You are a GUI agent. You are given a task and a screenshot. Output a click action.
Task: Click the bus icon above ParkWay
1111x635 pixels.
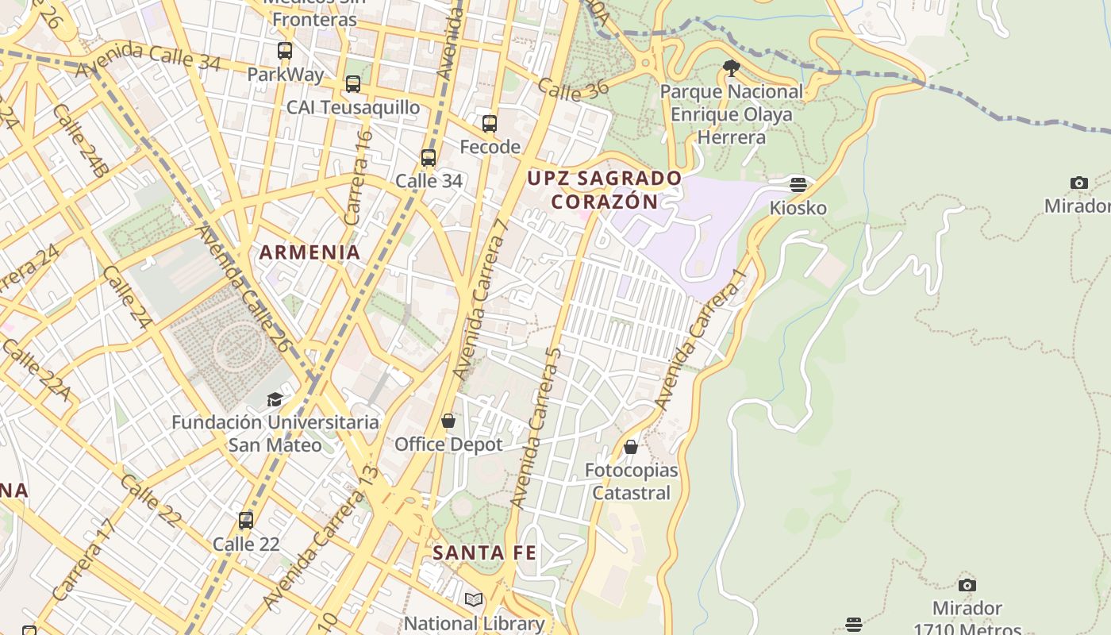point(284,51)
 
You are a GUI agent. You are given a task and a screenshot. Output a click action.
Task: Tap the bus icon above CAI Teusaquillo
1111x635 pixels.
point(353,83)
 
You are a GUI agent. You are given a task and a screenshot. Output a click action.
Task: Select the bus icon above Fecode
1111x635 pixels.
point(490,124)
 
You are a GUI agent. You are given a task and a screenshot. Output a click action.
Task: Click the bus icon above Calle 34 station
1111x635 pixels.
point(429,158)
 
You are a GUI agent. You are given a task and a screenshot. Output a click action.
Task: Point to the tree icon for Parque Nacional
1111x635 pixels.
point(731,68)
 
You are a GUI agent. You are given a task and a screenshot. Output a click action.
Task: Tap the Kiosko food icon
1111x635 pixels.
point(798,185)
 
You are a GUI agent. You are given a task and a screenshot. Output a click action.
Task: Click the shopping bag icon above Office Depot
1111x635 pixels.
point(448,421)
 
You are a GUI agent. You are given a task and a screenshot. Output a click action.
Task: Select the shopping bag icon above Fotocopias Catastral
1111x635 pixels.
point(631,447)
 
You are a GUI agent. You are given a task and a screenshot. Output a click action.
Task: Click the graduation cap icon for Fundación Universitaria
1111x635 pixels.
point(275,398)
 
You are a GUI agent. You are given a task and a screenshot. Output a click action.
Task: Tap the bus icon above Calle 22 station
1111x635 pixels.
point(246,521)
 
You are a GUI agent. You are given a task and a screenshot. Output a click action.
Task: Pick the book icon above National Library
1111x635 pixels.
point(474,600)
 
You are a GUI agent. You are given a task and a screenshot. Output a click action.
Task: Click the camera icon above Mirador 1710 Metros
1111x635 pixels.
point(967,585)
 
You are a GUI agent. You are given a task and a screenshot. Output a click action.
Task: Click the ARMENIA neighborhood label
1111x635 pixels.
point(310,252)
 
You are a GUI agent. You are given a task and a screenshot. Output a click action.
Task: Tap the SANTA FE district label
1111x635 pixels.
point(485,552)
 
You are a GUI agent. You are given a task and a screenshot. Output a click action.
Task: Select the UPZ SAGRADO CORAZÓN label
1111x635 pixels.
point(605,190)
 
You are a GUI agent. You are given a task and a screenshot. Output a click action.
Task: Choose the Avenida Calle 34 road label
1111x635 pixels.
point(148,60)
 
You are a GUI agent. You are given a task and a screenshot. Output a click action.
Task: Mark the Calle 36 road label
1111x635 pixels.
point(573,90)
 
